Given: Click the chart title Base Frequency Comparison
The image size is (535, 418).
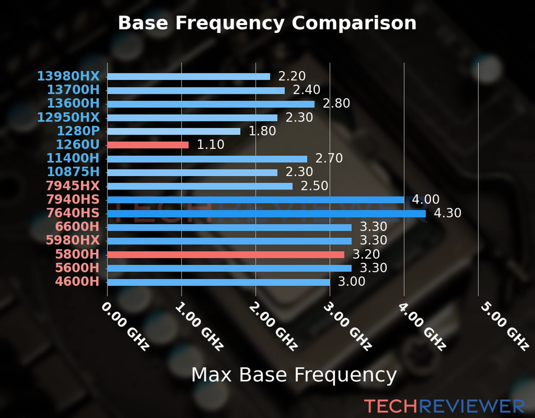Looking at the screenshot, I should coord(267,23).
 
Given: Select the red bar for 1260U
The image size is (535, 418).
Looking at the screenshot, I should coord(148,145).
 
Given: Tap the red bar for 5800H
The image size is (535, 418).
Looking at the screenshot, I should coord(226,255).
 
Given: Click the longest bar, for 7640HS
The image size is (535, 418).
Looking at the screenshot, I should coord(266,214).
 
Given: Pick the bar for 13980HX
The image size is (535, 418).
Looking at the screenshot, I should coord(188,77).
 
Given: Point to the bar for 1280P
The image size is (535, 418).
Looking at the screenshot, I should coord(173,131).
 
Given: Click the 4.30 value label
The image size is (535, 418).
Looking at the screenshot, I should coord(448,213).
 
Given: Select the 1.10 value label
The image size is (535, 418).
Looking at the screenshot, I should coord(210,145).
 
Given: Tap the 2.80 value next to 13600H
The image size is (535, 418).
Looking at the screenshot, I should coord(336,103).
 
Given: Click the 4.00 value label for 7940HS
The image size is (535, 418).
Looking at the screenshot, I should coord(426,199).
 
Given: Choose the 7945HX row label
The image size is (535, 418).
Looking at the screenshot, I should coord(73,186).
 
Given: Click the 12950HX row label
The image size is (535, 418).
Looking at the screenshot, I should coord(68,117).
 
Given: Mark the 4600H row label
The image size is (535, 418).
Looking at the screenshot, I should coord(77,281).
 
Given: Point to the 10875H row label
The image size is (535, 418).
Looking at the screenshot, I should coord(73,172).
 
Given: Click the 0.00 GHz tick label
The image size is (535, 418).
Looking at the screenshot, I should coord(125,326).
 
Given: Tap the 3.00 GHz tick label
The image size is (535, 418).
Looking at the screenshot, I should coord(347,326).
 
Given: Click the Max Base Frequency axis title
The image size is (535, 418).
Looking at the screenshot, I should coord(294,375).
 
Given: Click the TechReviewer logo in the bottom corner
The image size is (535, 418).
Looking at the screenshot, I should coord(444,406).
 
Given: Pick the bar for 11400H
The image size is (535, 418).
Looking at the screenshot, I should coord(207,159).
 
